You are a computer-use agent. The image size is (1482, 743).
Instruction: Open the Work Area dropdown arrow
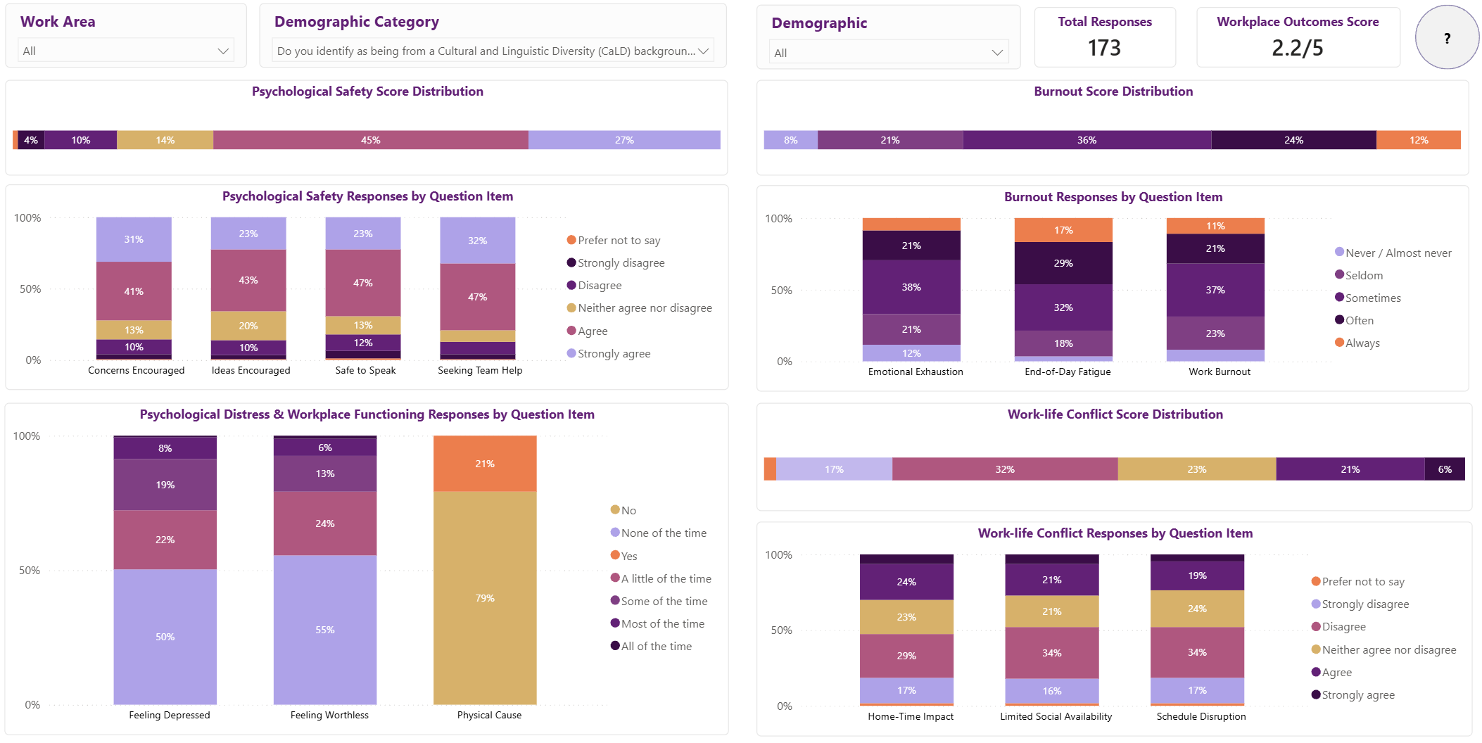(x=223, y=51)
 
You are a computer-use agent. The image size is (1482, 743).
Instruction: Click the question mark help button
(x=1447, y=37)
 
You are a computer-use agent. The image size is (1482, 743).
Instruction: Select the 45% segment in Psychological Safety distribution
(x=371, y=140)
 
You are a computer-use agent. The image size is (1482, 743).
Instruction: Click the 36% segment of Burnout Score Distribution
(x=1087, y=140)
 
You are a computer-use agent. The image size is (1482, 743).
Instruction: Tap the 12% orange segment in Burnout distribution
(x=1419, y=140)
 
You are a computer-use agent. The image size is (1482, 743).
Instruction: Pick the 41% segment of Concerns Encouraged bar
(x=134, y=291)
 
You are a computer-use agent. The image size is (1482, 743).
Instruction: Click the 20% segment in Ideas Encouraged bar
(x=248, y=326)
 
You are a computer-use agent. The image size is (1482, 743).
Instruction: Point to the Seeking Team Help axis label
(x=480, y=370)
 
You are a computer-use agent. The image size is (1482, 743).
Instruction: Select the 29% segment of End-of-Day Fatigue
(x=1063, y=263)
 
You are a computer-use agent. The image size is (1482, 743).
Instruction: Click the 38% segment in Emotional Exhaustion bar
(x=911, y=287)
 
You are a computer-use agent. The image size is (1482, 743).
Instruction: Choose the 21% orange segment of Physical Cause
(x=485, y=464)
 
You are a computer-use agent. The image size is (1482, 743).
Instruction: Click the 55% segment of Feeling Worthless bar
(x=325, y=630)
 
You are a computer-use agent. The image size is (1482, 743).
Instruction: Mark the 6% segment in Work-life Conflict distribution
(x=1445, y=469)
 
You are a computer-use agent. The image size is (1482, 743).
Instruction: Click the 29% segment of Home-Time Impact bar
(x=906, y=656)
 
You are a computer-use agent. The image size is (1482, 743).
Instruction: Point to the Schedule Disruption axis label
(x=1201, y=716)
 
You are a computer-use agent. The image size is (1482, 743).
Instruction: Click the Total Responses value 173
(x=1104, y=48)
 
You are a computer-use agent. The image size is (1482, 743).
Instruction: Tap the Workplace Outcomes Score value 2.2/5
(x=1298, y=48)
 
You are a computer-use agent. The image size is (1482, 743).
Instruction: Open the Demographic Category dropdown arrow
(x=703, y=51)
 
